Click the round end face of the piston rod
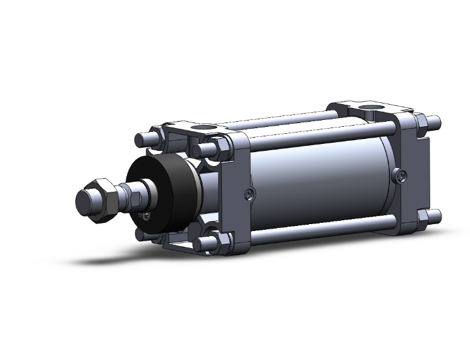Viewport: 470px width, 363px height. click(x=85, y=202)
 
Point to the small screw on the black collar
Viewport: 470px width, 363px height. click(x=147, y=217)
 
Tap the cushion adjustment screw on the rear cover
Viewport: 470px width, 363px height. click(x=400, y=175)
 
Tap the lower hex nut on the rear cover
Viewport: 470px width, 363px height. click(x=421, y=217)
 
